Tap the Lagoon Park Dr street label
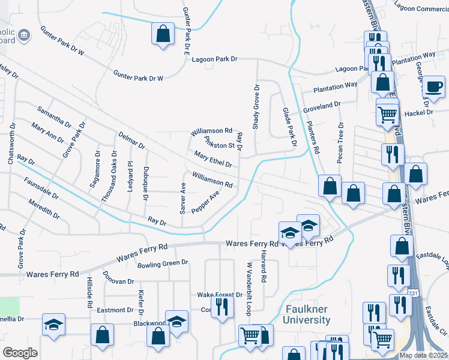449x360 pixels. (x=215, y=59)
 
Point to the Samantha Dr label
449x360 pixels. (x=54, y=119)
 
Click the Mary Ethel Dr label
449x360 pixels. (x=213, y=160)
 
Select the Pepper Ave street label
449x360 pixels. (x=205, y=202)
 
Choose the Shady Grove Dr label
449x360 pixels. (x=256, y=106)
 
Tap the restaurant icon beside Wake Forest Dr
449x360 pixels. (x=223, y=307)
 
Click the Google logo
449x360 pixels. (x=20, y=353)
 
